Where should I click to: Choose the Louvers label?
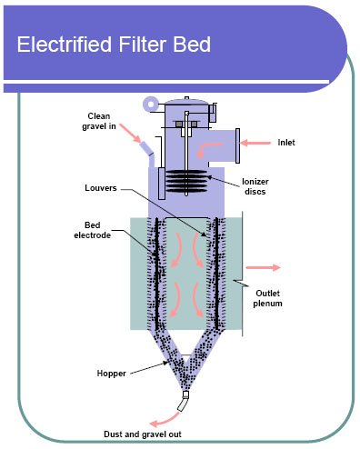point(93,189)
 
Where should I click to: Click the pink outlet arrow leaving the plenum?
point(263,268)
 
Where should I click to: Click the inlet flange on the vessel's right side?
point(237,143)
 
